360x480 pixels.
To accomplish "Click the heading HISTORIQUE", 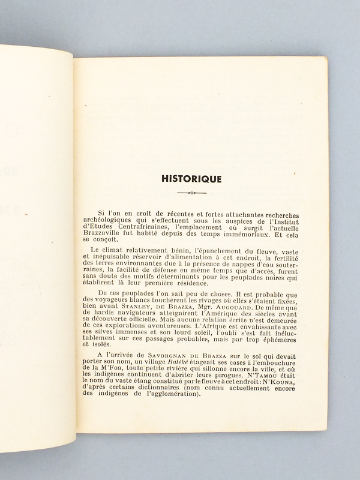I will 191,178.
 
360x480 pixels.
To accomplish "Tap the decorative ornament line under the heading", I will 191,193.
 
